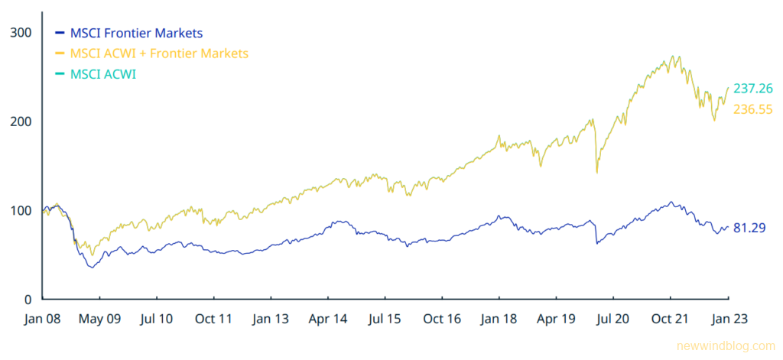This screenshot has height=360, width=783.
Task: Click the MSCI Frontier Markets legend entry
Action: click(x=136, y=33)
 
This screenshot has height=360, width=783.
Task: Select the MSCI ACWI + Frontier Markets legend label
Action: click(x=159, y=54)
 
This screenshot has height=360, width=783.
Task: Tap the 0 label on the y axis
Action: click(x=28, y=300)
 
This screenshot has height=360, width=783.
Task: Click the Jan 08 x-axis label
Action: click(x=43, y=319)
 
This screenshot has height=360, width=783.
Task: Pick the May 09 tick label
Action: click(x=101, y=319)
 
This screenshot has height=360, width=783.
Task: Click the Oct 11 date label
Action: click(x=215, y=319)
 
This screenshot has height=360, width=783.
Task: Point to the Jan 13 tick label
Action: click(x=271, y=319)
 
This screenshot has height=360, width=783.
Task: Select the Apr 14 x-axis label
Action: click(x=329, y=319)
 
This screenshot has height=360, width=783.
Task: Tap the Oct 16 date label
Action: click(x=443, y=319)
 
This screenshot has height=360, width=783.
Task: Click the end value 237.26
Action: click(x=752, y=89)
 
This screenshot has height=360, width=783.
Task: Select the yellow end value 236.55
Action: click(x=752, y=110)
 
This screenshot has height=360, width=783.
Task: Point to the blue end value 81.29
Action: click(x=749, y=228)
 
